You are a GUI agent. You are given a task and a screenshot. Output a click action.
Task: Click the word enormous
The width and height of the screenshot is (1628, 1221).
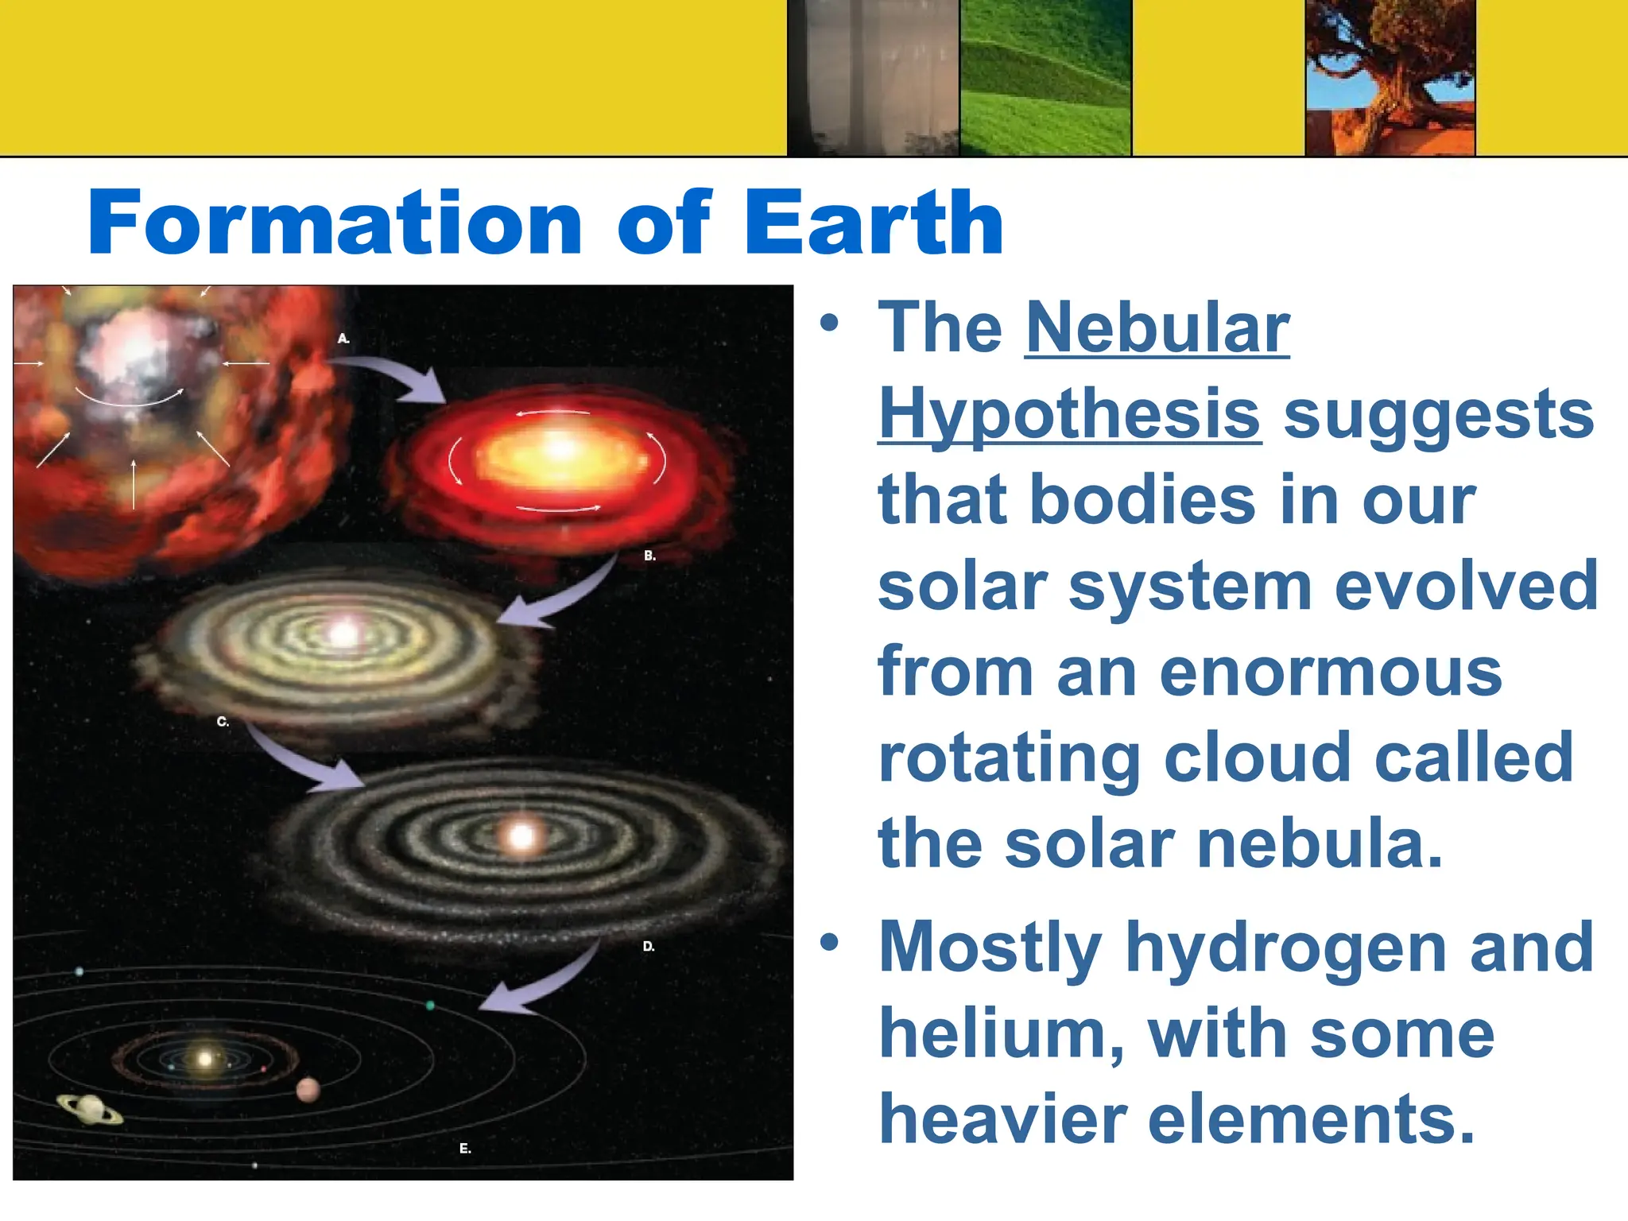[x=1331, y=673]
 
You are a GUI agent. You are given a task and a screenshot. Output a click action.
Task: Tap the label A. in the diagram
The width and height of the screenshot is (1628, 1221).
[x=343, y=339]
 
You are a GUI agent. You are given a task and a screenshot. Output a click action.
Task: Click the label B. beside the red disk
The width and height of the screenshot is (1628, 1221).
[x=650, y=556]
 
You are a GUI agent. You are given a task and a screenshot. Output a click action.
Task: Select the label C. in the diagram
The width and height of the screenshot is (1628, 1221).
[x=223, y=722]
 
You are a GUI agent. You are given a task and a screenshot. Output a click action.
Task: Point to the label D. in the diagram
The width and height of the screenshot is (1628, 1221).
[x=649, y=946]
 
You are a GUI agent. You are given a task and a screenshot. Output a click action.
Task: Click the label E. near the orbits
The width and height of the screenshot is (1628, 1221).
[x=465, y=1148]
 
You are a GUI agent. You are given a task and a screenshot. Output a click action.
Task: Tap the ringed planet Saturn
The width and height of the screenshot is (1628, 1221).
[x=90, y=1109]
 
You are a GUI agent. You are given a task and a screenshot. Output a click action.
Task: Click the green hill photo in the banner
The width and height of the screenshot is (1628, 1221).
[x=1045, y=77]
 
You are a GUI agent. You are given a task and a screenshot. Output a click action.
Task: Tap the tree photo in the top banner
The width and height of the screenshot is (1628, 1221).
[x=1390, y=77]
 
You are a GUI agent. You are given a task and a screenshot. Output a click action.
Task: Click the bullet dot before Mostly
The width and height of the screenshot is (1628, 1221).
[x=829, y=942]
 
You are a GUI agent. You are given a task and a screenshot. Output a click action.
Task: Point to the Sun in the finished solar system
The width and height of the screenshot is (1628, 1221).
[x=205, y=1059]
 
